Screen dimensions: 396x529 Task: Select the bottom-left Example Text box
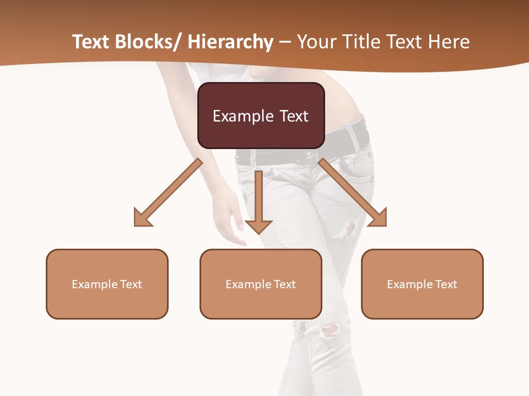107,284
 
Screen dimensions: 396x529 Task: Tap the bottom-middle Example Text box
261,284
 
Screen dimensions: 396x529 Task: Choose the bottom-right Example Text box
422,284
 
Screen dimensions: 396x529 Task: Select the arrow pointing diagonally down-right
353,193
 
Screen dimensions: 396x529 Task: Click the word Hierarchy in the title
230,42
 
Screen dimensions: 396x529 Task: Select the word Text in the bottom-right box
445,284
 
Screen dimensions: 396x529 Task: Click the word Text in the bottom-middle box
284,284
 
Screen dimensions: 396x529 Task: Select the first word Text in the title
90,42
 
